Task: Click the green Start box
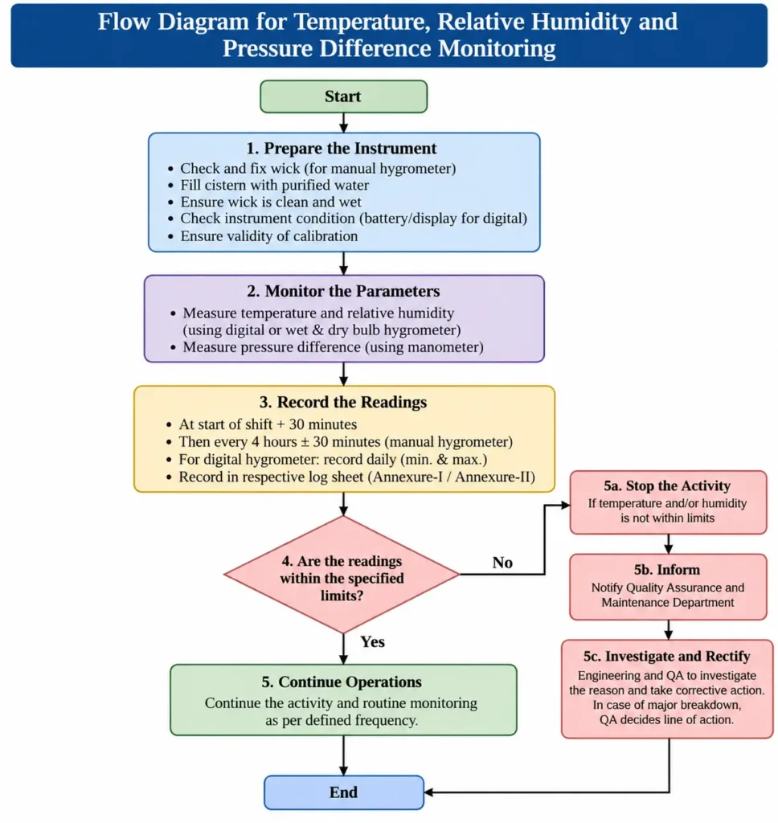tap(343, 96)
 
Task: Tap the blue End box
tap(344, 792)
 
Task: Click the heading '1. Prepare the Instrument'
tap(342, 148)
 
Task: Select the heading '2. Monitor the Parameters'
tap(343, 291)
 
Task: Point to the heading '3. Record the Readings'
tap(343, 402)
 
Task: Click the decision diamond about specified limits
tap(342, 575)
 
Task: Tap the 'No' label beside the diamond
tap(502, 563)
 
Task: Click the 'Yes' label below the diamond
tap(373, 641)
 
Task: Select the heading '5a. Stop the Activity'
tap(667, 485)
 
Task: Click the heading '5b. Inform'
tap(667, 570)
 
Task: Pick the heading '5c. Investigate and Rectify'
tap(667, 656)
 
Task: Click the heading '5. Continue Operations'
tap(342, 682)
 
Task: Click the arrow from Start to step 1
tap(344, 123)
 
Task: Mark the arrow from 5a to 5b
tap(668, 544)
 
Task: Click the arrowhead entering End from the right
tap(428, 792)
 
